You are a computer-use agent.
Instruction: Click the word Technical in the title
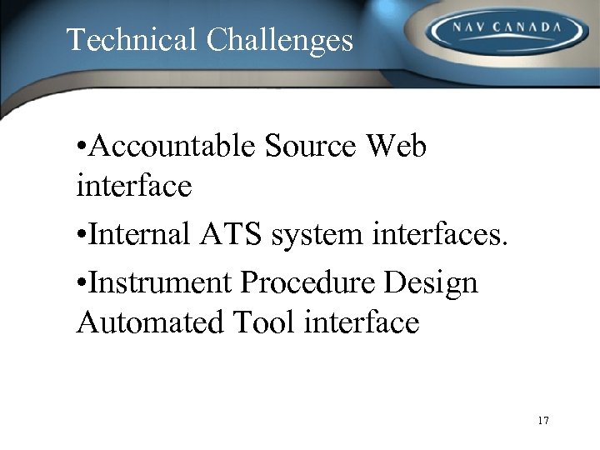point(132,40)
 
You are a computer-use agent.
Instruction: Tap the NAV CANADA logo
point(506,31)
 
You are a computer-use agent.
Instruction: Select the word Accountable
point(172,147)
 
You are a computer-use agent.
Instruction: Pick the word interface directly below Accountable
point(133,186)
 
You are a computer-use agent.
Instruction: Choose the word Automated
point(147,322)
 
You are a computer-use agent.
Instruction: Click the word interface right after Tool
point(362,322)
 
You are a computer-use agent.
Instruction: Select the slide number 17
point(543,421)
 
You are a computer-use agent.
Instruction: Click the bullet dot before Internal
point(79,236)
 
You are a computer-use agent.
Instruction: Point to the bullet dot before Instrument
point(79,284)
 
